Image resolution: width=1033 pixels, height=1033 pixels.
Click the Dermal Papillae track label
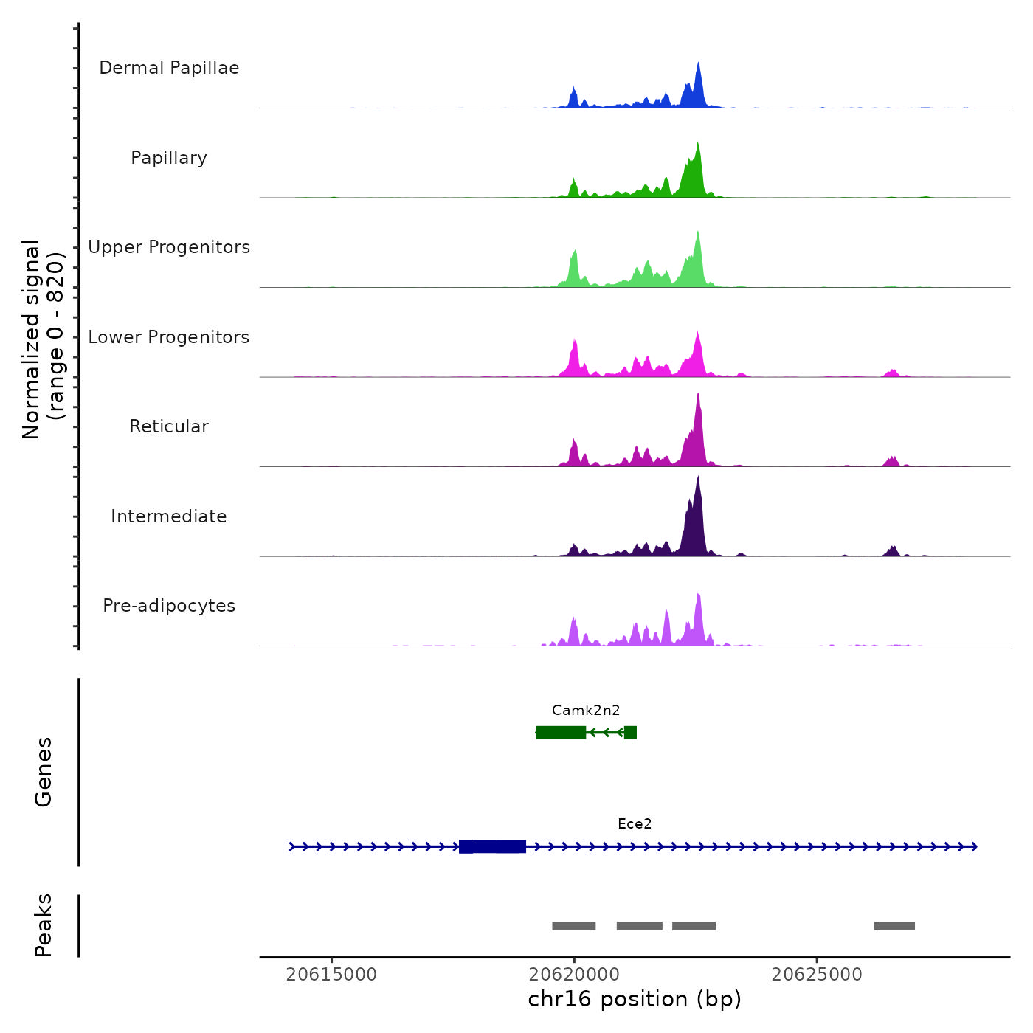pyautogui.click(x=169, y=68)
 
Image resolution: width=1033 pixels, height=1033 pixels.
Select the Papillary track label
pyautogui.click(x=169, y=158)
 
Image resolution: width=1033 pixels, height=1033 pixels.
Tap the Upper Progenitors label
pyautogui.click(x=169, y=247)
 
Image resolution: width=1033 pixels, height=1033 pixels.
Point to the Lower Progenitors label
pyautogui.click(x=169, y=337)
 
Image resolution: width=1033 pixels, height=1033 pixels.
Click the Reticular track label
pyautogui.click(x=169, y=426)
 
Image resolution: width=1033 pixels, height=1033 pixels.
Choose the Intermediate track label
pyautogui.click(x=169, y=516)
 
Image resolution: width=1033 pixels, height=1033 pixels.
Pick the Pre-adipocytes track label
pyautogui.click(x=169, y=606)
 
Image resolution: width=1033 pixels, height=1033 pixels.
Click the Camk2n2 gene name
pyautogui.click(x=586, y=711)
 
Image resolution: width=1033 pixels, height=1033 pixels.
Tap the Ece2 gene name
pyautogui.click(x=635, y=824)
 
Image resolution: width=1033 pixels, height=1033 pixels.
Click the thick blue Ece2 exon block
pyautogui.click(x=492, y=846)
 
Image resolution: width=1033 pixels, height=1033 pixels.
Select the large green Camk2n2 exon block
pyautogui.click(x=561, y=732)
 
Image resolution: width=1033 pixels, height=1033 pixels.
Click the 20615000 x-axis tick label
pyautogui.click(x=331, y=975)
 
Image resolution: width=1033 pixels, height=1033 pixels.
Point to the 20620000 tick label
pyautogui.click(x=574, y=975)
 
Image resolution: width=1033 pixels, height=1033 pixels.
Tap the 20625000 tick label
pyautogui.click(x=817, y=975)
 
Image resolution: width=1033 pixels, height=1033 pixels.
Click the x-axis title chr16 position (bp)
pyautogui.click(x=635, y=1000)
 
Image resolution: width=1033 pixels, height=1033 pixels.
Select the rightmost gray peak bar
pyautogui.click(x=894, y=926)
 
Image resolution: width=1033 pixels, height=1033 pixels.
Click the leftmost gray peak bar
pyautogui.click(x=573, y=926)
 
